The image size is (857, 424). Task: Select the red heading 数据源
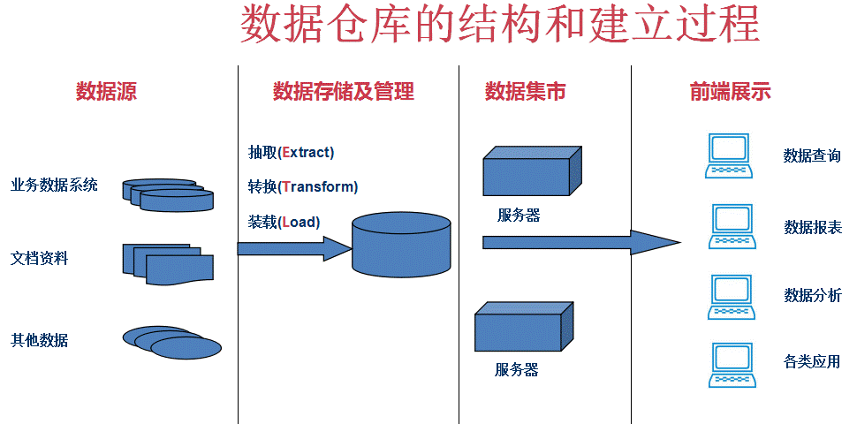coord(106,91)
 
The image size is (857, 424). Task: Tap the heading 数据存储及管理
coord(344,91)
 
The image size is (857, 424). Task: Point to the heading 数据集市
coord(525,91)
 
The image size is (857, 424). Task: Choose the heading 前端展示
coord(730,91)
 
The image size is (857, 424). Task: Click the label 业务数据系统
coord(54,185)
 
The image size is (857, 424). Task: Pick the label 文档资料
coord(40,259)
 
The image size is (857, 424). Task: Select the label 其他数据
coord(40,340)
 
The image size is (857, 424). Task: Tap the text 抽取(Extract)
coord(292,152)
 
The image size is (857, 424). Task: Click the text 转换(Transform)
coord(303,187)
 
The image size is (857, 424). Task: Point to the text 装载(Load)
coord(284,223)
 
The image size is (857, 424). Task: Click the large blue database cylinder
coord(401,245)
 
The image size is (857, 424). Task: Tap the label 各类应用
coord(811,361)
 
